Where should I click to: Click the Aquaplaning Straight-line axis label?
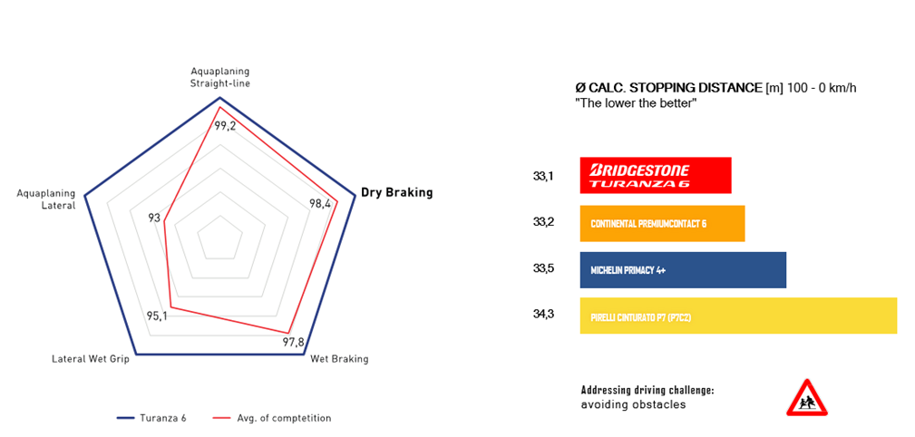pyautogui.click(x=219, y=77)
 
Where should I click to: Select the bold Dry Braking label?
pyautogui.click(x=396, y=192)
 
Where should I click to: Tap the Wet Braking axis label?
pyautogui.click(x=339, y=359)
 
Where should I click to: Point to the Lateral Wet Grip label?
pyautogui.click(x=91, y=359)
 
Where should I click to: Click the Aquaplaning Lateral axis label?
pyautogui.click(x=45, y=199)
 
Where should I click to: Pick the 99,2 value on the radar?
pyautogui.click(x=225, y=126)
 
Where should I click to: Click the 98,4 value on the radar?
pyautogui.click(x=320, y=204)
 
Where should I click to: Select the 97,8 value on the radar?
pyautogui.click(x=294, y=342)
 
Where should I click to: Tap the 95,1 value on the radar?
pyautogui.click(x=157, y=316)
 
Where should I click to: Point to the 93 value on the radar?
pyautogui.click(x=154, y=218)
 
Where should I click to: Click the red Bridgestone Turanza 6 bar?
pyautogui.click(x=655, y=176)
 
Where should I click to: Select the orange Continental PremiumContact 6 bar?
pyautogui.click(x=662, y=223)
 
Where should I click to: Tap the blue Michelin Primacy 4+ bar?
pyautogui.click(x=682, y=270)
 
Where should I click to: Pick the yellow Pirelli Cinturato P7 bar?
pyautogui.click(x=737, y=316)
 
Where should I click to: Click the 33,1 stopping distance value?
pyautogui.click(x=543, y=176)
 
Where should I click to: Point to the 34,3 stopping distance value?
pyautogui.click(x=543, y=315)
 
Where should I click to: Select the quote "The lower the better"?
pyautogui.click(x=635, y=104)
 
